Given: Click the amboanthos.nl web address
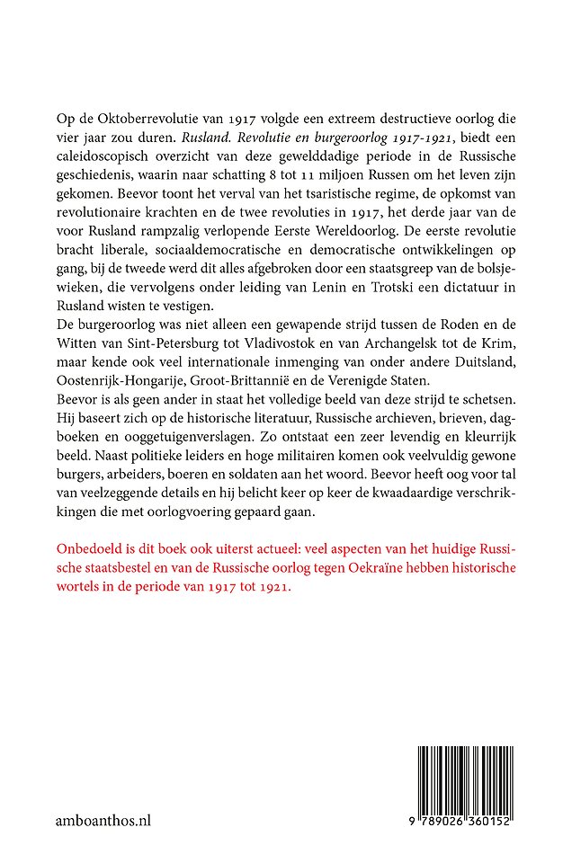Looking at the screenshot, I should click(x=100, y=822).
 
